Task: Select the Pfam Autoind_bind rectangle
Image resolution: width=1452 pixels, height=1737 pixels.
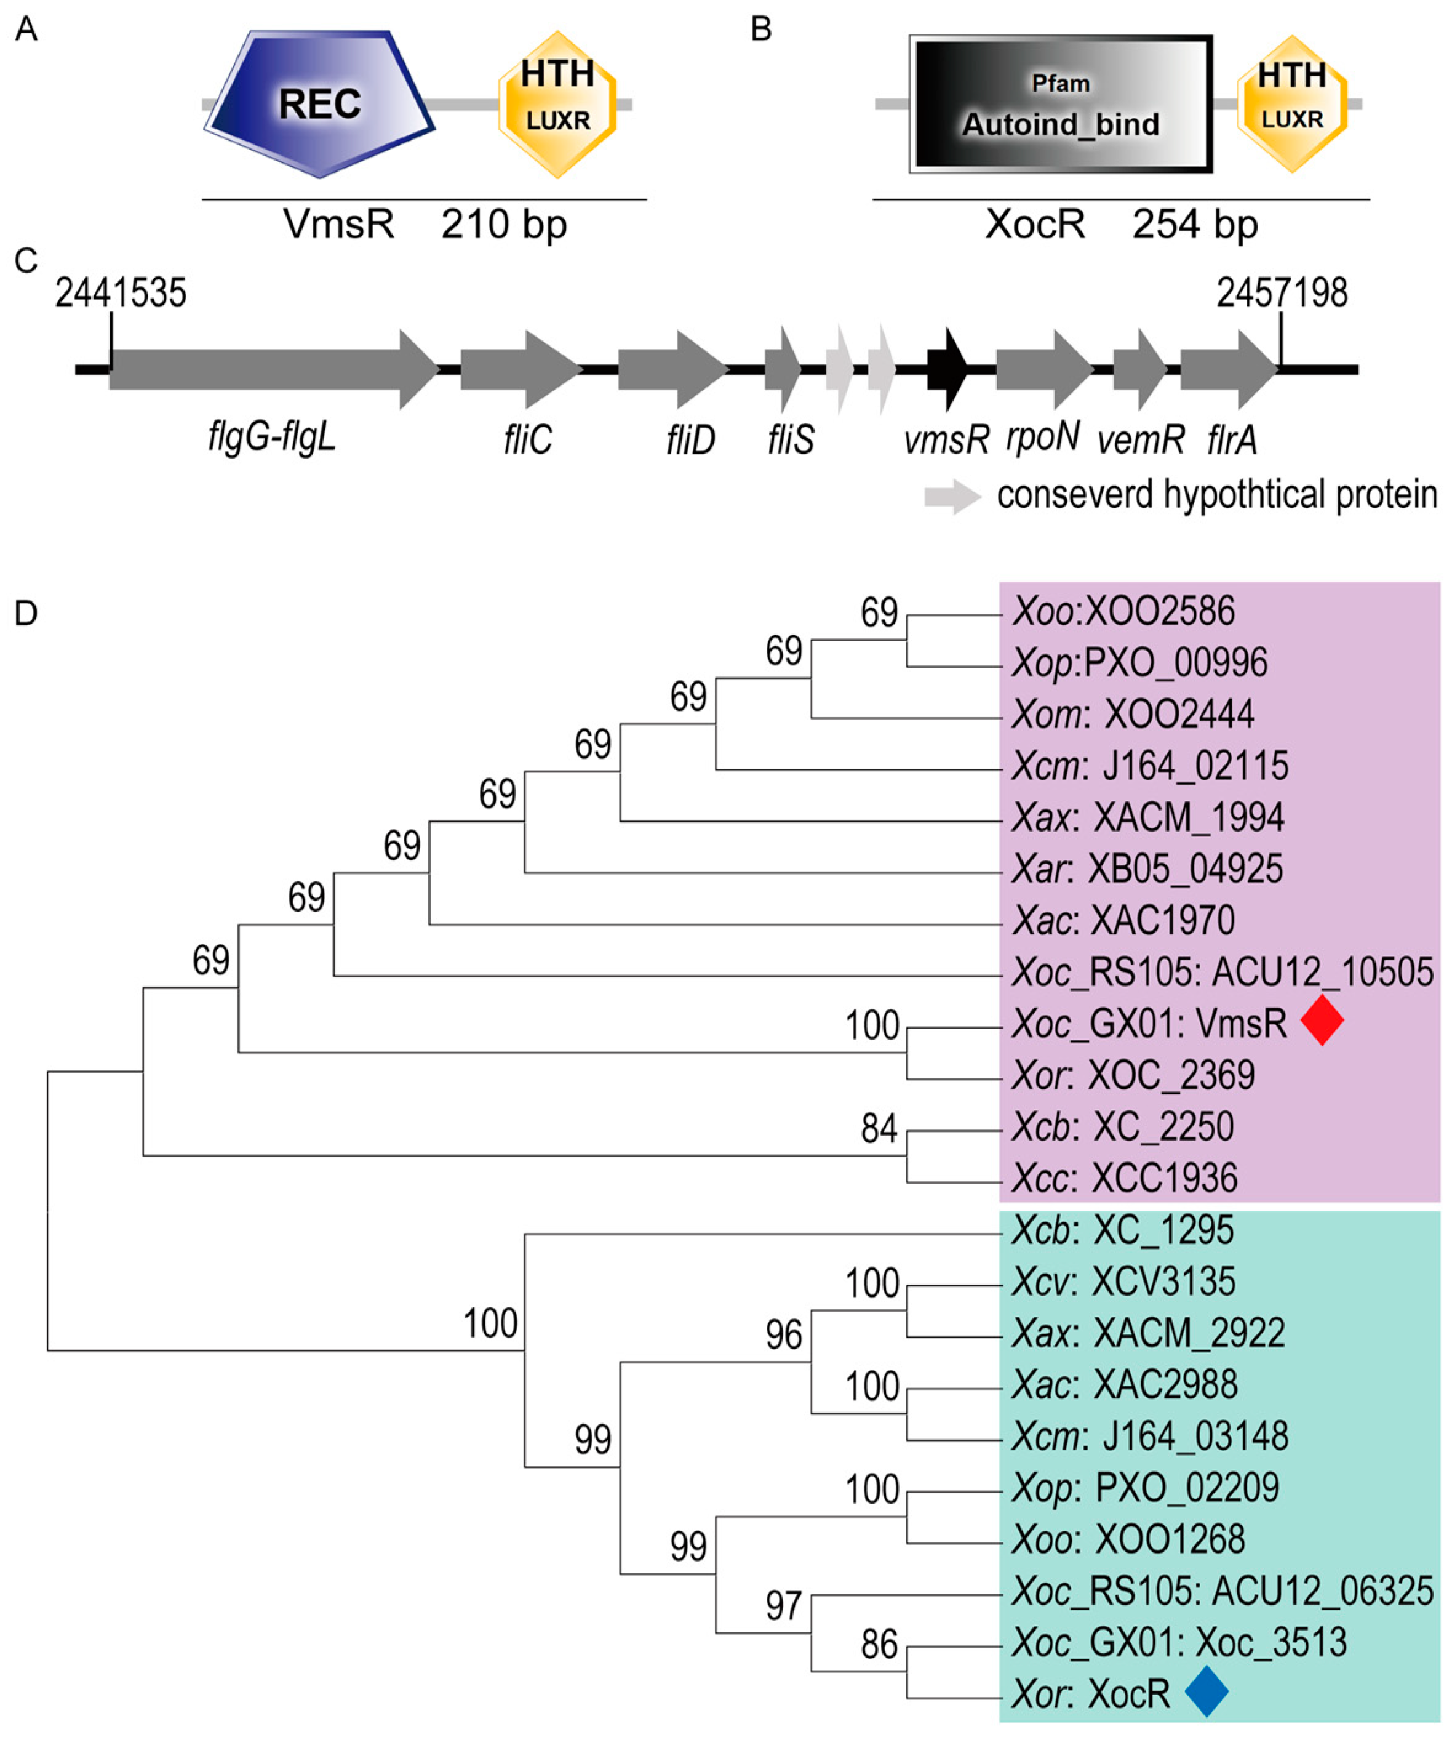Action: (x=1060, y=104)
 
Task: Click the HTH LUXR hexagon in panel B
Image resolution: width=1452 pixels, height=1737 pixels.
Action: (x=1291, y=104)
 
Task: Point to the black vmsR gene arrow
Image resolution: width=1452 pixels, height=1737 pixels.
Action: (x=947, y=369)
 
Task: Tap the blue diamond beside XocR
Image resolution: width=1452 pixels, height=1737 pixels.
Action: (x=1207, y=1691)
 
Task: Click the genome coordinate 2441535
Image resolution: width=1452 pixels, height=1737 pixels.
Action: (x=121, y=293)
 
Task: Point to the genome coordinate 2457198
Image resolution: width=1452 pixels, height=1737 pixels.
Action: (x=1282, y=293)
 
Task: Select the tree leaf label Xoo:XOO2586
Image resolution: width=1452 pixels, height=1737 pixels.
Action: (x=1123, y=612)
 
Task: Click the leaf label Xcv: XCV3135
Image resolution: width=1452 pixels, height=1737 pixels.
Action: (x=1123, y=1282)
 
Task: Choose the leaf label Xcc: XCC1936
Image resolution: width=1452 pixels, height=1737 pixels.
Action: (x=1123, y=1179)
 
